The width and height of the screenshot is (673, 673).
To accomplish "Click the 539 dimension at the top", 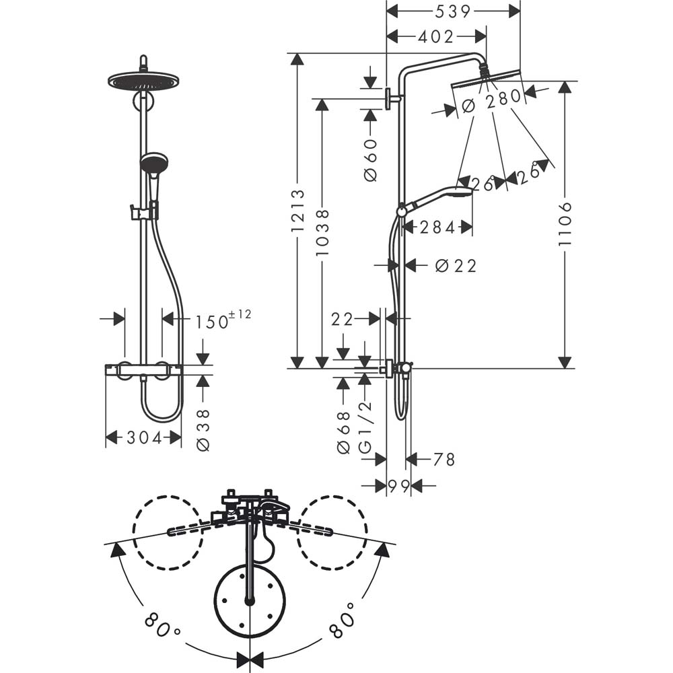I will (x=452, y=11).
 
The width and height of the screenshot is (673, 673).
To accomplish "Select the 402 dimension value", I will (x=435, y=37).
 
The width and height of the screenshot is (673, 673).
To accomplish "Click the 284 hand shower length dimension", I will (x=437, y=227).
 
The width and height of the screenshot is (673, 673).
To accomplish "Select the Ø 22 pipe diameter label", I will (x=455, y=266).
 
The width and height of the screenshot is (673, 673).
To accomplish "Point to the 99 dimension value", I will (x=398, y=485).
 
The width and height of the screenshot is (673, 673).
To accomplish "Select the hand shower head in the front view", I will (x=153, y=163).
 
